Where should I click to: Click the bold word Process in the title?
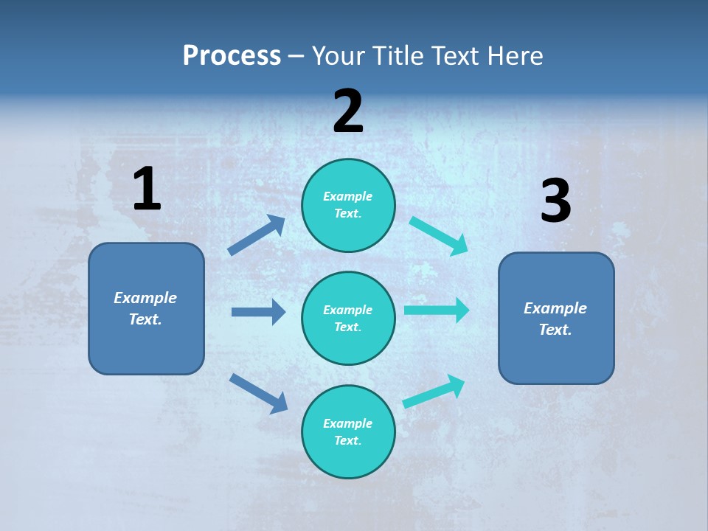[232, 56]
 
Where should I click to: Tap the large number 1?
[147, 190]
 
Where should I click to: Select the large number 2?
[348, 111]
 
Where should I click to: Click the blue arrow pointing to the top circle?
[257, 235]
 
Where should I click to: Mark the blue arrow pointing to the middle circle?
[258, 312]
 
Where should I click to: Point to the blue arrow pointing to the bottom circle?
[258, 393]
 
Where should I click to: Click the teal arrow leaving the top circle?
[438, 235]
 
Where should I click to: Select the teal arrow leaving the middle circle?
[437, 310]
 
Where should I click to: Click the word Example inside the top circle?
[348, 196]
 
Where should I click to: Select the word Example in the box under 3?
[555, 308]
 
